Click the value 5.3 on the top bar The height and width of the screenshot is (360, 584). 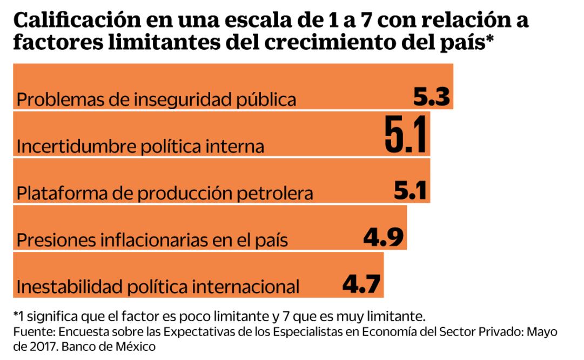click(432, 97)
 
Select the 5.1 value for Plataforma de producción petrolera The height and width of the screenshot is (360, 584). click(410, 190)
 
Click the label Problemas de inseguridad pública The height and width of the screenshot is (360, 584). click(157, 100)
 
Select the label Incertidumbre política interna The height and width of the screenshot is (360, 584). click(140, 146)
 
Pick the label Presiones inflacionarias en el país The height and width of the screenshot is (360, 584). click(152, 240)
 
